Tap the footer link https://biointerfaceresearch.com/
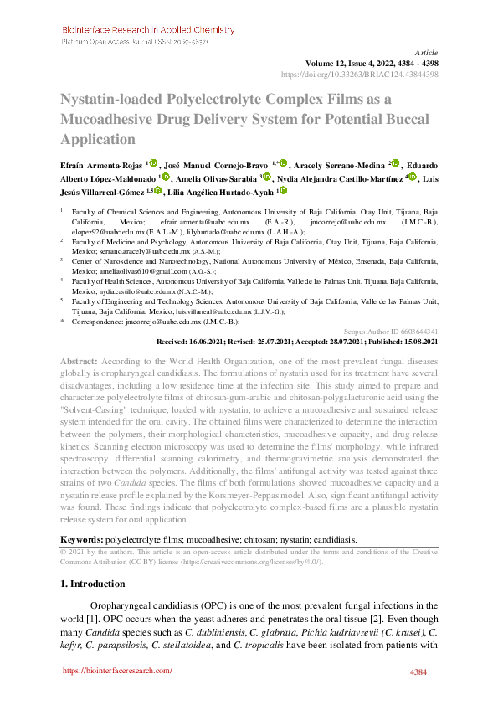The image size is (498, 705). [x=117, y=671]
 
